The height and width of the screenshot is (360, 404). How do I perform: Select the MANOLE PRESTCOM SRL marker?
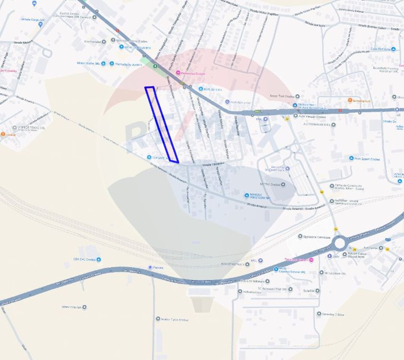(x=247, y=195)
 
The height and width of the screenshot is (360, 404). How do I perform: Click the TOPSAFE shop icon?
(x=149, y=157)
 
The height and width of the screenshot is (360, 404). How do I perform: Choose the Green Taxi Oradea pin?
(x=297, y=96)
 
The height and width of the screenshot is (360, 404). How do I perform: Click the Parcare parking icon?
(x=150, y=267)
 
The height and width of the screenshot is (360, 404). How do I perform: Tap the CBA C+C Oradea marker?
(x=98, y=259)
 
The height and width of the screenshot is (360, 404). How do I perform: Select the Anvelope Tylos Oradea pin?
(x=158, y=319)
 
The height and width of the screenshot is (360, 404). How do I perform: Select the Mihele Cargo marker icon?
(x=40, y=24)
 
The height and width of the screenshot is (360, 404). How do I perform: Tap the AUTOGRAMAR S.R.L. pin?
(x=333, y=124)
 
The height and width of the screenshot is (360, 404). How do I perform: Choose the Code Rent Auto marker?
(x=393, y=49)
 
